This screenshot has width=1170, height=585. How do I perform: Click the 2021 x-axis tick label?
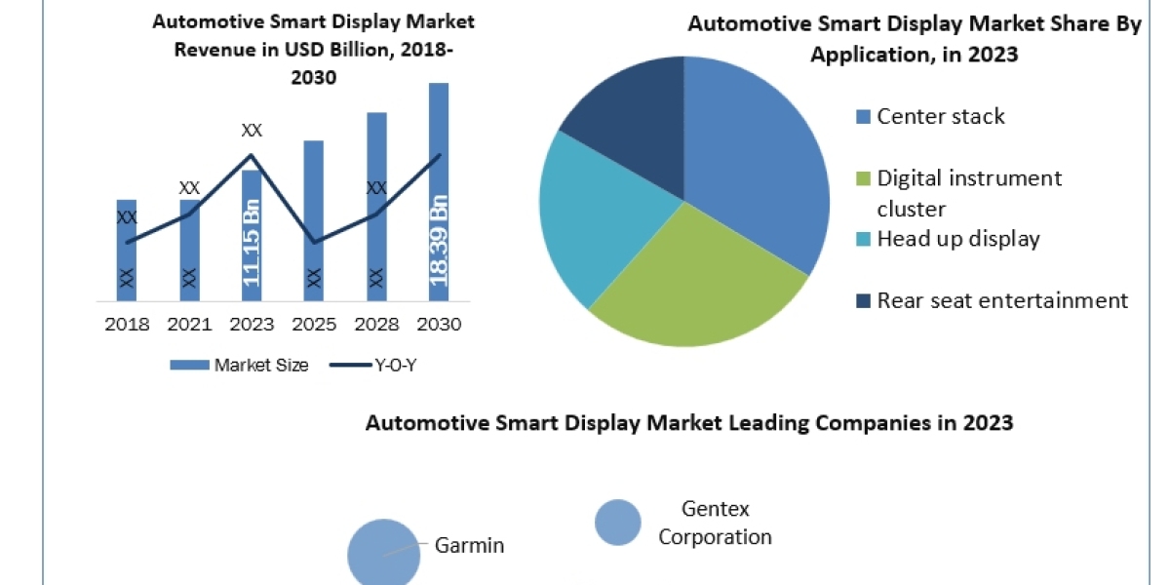point(190,325)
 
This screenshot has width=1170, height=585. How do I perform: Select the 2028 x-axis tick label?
point(376,325)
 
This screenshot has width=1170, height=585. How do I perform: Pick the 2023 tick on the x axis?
point(252,325)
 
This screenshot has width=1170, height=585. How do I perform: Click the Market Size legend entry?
point(239,366)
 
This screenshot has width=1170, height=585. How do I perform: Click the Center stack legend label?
point(940,117)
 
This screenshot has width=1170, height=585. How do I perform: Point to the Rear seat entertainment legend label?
point(1001,300)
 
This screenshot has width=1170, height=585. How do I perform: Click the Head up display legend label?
point(957,239)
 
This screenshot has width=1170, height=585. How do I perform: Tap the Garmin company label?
point(469,545)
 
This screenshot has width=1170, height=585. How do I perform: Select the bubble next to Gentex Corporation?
point(618,522)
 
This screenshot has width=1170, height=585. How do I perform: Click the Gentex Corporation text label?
point(715,523)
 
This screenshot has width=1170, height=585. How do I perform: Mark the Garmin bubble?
point(383,552)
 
